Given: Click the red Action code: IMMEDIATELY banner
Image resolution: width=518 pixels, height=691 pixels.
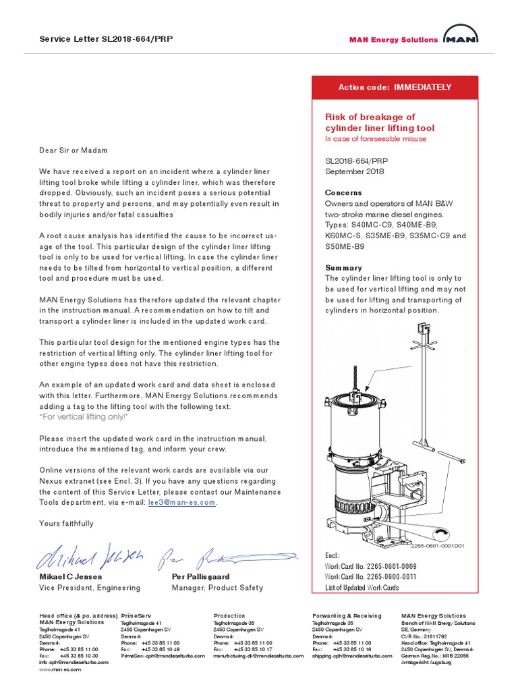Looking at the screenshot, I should coord(395,88).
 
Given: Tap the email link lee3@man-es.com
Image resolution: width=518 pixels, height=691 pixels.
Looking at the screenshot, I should coord(182,503).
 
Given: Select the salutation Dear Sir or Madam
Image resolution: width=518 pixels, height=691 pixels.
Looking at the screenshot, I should coord(73,150).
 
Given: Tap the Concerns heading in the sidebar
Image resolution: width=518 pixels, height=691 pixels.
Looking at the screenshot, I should coord(343,193).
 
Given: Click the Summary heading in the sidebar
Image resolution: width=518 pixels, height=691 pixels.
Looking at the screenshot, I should coord(343,268).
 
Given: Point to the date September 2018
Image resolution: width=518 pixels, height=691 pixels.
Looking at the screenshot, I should coord(354,171).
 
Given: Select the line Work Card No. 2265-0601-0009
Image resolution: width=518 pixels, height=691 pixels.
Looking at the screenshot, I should coord(370,567).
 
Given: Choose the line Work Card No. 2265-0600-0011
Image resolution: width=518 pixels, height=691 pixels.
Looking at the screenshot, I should coord(370,577).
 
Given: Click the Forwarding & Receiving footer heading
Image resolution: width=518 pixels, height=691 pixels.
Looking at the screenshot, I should coord(347,616).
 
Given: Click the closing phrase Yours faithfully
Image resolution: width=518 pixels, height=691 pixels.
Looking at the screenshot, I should coord(66,524).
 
